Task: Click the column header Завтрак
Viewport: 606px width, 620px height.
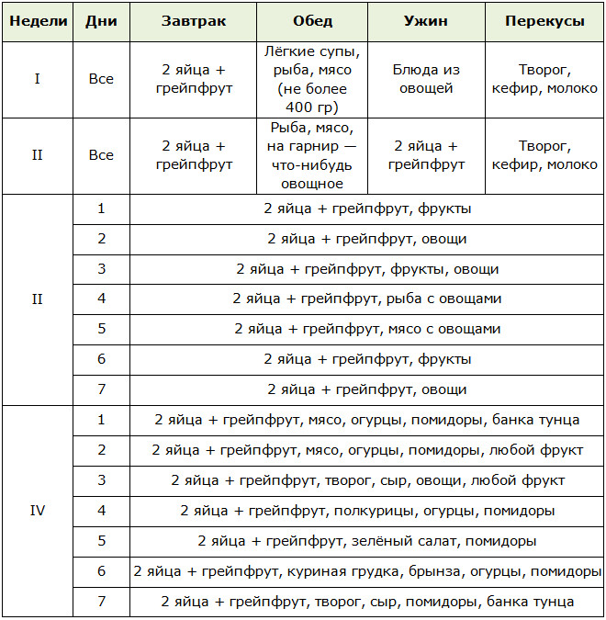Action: tap(193, 21)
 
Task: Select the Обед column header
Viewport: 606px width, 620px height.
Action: tap(312, 21)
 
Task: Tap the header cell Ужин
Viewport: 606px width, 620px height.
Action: tap(425, 21)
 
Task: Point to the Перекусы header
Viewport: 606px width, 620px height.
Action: tap(544, 21)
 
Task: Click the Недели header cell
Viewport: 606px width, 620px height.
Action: tap(37, 21)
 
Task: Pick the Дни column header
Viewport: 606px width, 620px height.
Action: tap(101, 21)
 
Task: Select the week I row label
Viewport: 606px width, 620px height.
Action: tap(37, 79)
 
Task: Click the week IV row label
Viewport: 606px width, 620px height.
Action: tap(37, 510)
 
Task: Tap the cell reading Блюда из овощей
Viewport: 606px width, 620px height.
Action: tap(425, 79)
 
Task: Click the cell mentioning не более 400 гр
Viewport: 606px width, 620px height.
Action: tap(312, 79)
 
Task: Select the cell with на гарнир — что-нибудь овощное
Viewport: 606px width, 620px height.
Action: tap(312, 155)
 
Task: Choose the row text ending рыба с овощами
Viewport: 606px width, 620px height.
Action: tap(366, 299)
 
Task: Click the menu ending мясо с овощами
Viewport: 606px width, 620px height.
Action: tap(366, 329)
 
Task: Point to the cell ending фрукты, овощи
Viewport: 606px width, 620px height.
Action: tap(366, 269)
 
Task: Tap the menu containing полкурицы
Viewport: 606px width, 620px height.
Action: tap(366, 510)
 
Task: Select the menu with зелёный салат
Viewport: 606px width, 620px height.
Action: tap(366, 541)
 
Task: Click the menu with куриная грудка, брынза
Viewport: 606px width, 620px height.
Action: tap(366, 571)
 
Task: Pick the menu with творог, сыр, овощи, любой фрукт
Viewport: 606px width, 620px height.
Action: tap(366, 479)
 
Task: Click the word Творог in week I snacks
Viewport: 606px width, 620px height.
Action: tap(544, 70)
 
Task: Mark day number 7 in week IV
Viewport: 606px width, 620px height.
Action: tap(101, 601)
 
